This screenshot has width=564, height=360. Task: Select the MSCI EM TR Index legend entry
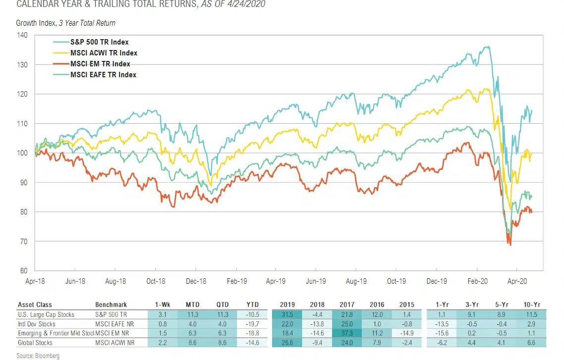point(100,64)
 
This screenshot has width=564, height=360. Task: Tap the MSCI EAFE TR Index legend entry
point(103,75)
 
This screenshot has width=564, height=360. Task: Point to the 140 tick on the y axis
point(22,35)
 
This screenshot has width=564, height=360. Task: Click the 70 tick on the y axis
point(24,242)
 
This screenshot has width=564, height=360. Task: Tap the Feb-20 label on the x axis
point(477,281)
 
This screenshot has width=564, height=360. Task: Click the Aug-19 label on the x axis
point(356,281)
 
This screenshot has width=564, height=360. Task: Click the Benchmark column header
point(111,305)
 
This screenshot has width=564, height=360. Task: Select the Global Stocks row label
point(36,342)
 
